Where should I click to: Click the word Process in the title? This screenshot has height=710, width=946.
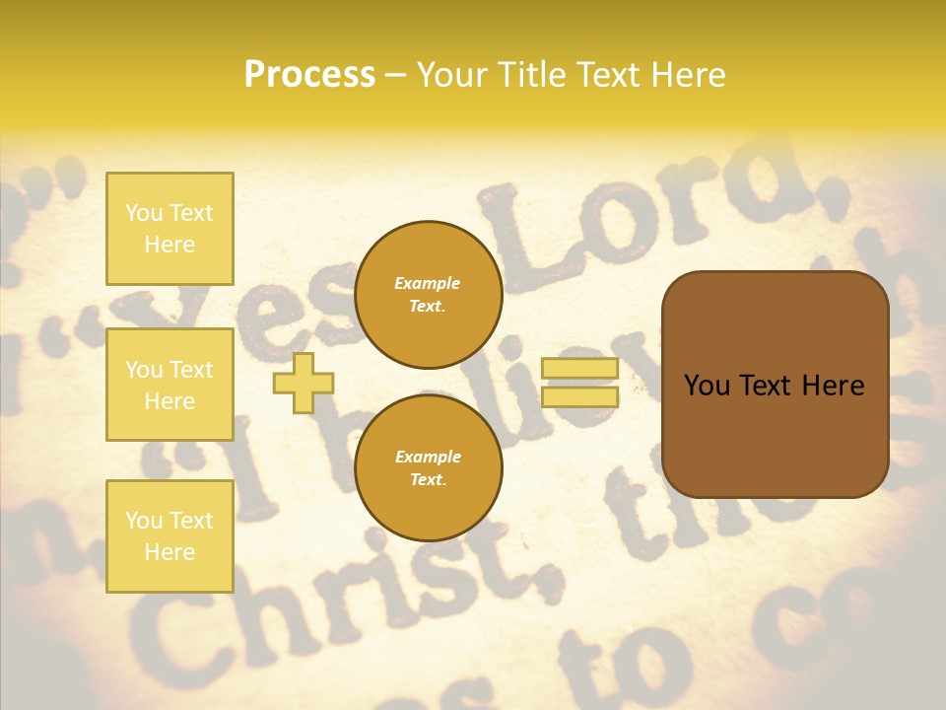click(x=309, y=75)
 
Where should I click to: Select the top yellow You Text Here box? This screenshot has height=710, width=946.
click(x=169, y=229)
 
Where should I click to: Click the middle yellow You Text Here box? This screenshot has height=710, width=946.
click(x=169, y=385)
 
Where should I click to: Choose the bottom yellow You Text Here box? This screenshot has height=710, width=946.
click(x=169, y=536)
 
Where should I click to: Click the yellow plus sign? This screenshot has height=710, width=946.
click(x=303, y=383)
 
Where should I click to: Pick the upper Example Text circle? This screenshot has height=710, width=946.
click(x=428, y=294)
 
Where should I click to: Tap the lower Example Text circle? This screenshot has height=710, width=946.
click(x=428, y=467)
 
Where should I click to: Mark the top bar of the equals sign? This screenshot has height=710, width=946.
click(x=579, y=369)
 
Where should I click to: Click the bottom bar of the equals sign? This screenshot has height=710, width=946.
click(x=579, y=396)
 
